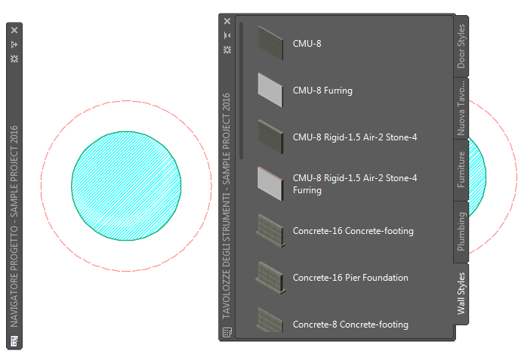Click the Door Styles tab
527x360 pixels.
point(461,46)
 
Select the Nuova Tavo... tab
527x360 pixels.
point(461,108)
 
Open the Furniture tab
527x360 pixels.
point(461,170)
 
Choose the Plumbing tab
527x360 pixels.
point(461,232)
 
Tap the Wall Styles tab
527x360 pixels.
point(461,294)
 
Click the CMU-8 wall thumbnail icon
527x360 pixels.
point(270,43)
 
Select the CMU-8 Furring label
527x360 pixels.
point(322,91)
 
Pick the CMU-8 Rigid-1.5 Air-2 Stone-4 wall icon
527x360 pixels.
point(270,137)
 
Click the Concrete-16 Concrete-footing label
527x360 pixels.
point(353,231)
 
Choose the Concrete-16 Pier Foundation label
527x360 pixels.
point(350,278)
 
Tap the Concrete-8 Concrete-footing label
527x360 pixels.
point(350,325)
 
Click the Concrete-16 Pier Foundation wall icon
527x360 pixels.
point(271,278)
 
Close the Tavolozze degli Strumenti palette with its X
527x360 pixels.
point(227,21)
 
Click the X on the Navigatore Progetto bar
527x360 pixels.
point(14,30)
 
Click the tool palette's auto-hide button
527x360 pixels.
point(227,35)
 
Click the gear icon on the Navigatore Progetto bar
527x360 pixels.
point(14,59)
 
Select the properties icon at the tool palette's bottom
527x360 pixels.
point(227,333)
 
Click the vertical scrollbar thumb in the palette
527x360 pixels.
point(241,91)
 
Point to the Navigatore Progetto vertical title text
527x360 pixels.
point(14,226)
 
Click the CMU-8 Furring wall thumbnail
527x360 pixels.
point(270,91)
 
